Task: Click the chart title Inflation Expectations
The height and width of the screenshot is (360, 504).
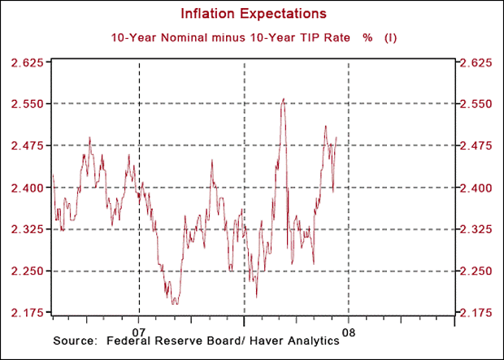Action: [254, 14]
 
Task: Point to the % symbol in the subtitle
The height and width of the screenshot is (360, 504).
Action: [367, 37]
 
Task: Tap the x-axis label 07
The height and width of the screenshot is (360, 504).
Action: [139, 332]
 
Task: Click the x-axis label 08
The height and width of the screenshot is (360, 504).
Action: [349, 332]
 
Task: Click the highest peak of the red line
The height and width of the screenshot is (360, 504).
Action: [283, 99]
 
